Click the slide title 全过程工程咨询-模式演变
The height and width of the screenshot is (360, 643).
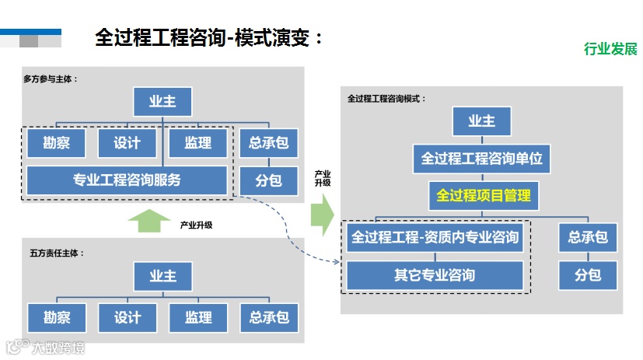[208, 37]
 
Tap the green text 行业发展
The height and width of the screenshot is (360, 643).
[610, 49]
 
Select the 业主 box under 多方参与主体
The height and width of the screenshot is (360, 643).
[162, 101]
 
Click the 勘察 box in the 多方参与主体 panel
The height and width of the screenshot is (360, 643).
[56, 143]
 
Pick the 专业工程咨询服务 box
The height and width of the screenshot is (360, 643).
[127, 180]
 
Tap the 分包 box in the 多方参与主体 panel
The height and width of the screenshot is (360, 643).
[268, 180]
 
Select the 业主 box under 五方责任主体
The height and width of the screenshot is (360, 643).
[162, 276]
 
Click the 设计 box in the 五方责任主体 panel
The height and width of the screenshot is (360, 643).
[127, 317]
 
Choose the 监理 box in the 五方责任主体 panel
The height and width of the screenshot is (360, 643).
[198, 317]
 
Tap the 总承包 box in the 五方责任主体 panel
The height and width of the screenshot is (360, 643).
[269, 317]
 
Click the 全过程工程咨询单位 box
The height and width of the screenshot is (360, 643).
[481, 159]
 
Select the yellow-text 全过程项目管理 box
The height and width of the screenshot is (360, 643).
[483, 196]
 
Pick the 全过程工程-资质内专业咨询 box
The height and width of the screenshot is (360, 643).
[435, 237]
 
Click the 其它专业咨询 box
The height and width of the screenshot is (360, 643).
[435, 274]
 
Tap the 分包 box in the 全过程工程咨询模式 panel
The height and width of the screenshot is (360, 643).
[587, 275]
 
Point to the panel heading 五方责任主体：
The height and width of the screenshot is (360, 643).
[57, 253]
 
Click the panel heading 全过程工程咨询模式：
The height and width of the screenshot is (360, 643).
[386, 100]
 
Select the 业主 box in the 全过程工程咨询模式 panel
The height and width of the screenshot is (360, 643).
[481, 121]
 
